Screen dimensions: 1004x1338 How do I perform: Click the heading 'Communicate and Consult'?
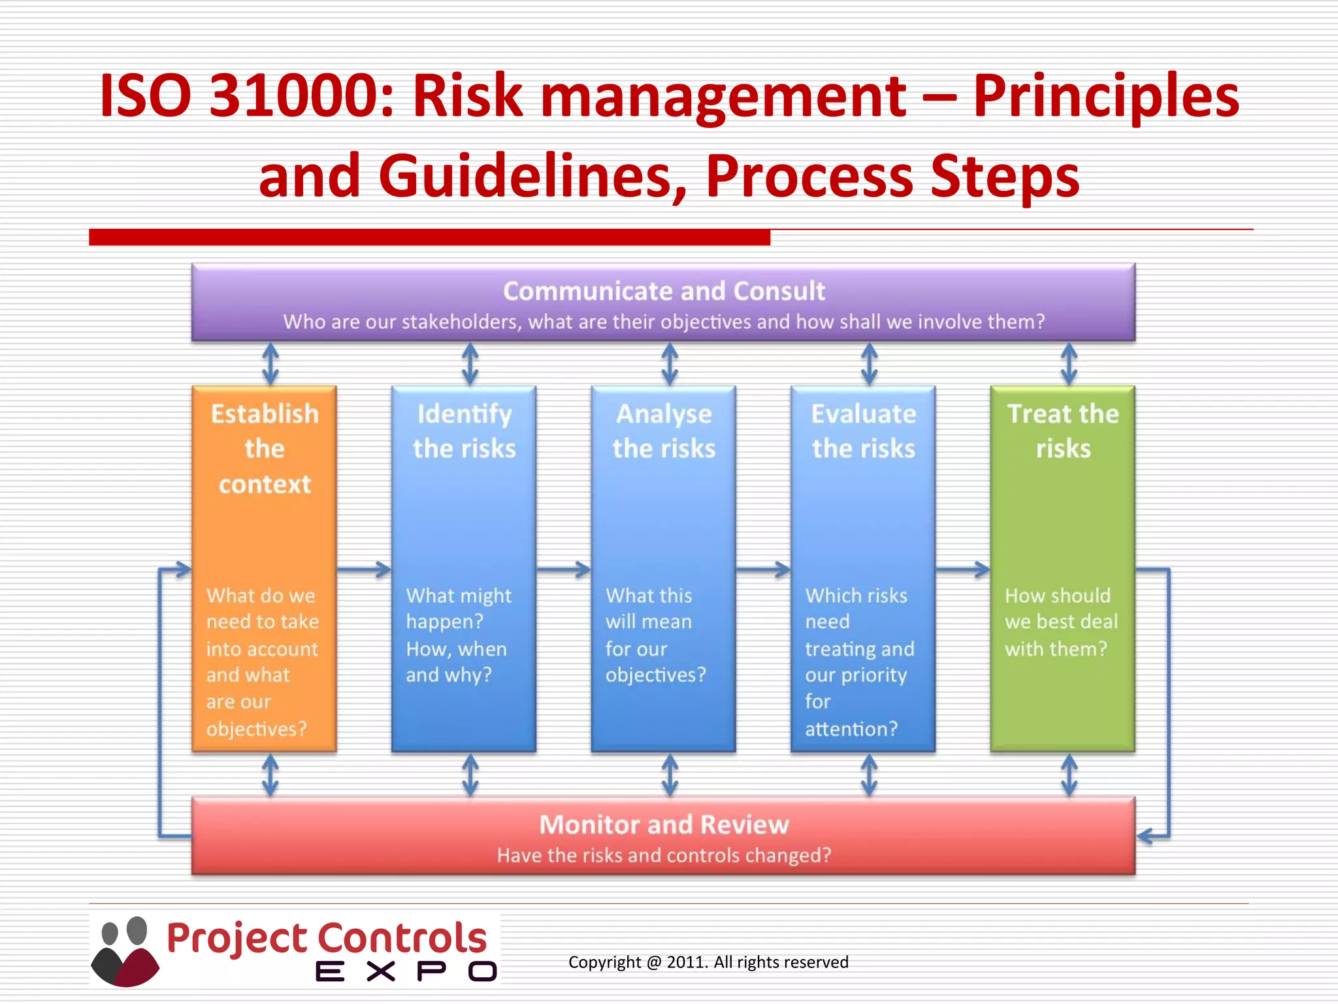coord(664,292)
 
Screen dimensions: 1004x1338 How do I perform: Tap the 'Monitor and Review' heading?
coord(664,825)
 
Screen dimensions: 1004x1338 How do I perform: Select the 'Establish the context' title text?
coord(265,449)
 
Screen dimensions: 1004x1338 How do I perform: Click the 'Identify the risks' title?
coord(464,431)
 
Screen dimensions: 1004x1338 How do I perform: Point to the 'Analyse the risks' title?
coord(664,431)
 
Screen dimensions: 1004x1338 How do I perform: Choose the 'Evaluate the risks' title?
coord(863,431)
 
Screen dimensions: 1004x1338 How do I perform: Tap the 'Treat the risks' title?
coord(1063,431)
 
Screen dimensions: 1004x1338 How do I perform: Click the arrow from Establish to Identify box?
coord(364,570)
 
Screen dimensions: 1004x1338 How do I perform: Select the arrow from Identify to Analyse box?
coord(563,570)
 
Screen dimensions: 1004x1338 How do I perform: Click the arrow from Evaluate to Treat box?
coord(963,570)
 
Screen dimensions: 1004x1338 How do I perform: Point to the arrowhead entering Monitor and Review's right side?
coord(1145,836)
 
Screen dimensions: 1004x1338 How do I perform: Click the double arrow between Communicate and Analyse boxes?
coord(670,364)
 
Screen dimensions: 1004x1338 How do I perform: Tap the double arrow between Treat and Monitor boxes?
coord(1069,775)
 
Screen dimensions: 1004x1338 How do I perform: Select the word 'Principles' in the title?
coord(1106,97)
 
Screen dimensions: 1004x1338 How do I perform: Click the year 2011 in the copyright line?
coord(686,962)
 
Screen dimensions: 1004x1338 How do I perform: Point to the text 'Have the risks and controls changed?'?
coord(664,856)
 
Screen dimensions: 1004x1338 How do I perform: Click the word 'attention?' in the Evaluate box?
coord(851,729)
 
